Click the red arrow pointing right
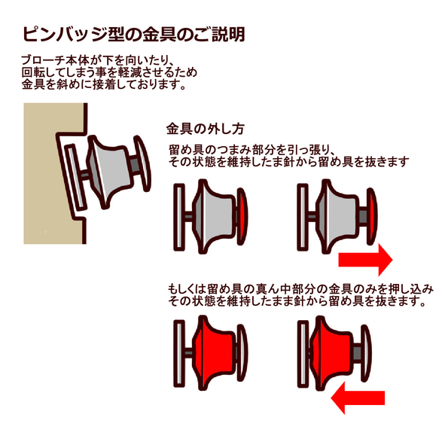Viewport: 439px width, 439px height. (365, 260)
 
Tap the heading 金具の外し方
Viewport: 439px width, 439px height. (206, 129)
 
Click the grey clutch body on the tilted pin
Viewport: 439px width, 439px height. (109, 172)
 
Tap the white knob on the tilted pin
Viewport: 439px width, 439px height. (143, 163)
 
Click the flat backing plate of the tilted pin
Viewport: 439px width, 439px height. (75, 177)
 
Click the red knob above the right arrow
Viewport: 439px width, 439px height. (372, 216)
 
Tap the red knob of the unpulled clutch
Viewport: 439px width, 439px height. (242, 216)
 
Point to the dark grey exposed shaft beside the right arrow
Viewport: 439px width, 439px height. (362, 216)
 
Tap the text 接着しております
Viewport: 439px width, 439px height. (139, 84)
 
